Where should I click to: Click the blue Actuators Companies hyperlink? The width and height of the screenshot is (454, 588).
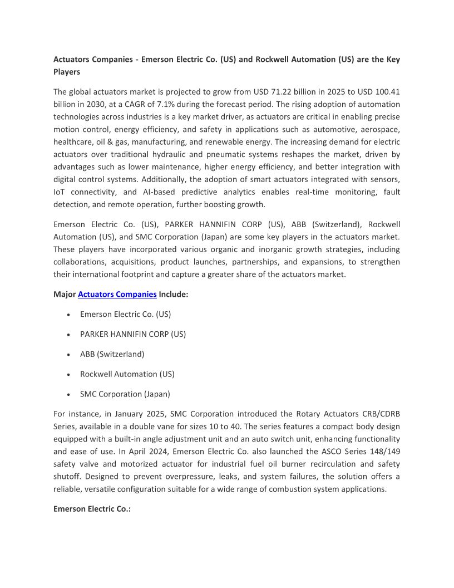pos(117,295)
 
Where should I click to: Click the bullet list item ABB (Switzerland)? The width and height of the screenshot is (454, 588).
pos(112,354)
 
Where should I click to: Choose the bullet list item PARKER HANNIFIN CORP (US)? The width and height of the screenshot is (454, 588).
pos(132,334)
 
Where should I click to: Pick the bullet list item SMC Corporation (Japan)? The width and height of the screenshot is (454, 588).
pos(125,394)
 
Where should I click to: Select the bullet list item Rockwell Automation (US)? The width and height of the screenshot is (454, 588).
pos(127,374)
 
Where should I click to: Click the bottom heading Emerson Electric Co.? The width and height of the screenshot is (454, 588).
pos(92,509)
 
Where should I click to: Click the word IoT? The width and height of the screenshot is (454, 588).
pos(60,192)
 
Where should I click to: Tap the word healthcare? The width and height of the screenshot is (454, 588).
pos(71,129)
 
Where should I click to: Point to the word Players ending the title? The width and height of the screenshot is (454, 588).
pos(67,72)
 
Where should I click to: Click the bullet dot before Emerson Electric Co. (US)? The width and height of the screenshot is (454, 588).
pos(68,315)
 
